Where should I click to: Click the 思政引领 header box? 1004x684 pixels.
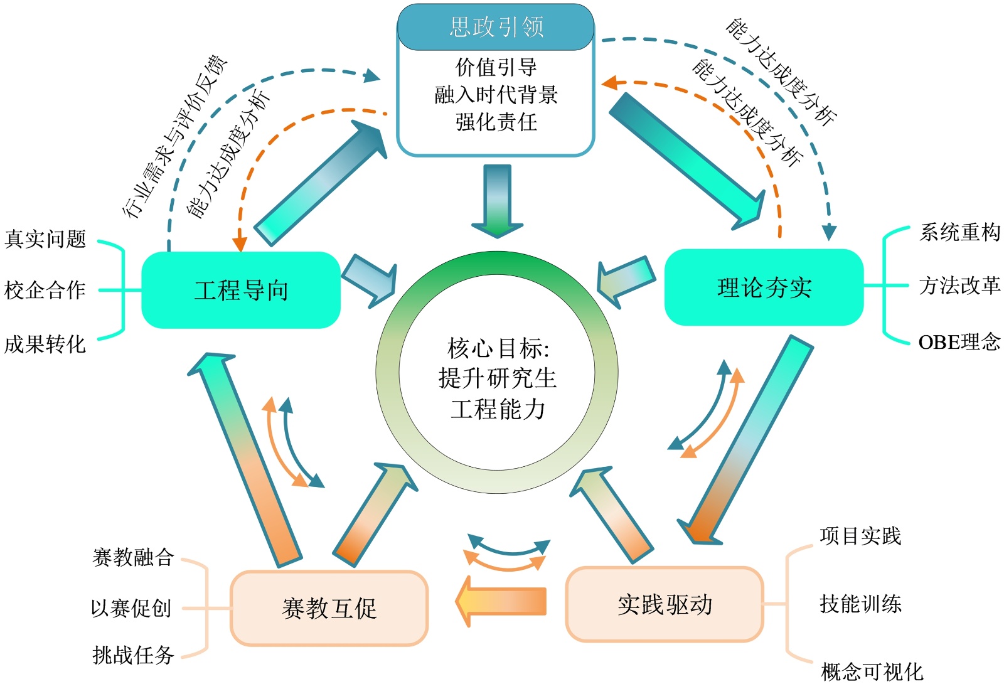(496, 27)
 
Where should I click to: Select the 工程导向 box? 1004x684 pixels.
(241, 290)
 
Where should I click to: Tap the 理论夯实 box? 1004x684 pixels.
(764, 287)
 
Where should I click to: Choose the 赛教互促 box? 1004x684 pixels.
(329, 607)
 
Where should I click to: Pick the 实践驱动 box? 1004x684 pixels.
(665, 604)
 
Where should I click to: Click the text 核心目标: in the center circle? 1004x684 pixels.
(498, 347)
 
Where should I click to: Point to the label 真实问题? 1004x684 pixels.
(45, 239)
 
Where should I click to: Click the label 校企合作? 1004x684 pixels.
(45, 290)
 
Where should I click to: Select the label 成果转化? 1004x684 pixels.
(45, 344)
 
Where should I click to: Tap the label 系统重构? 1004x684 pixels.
(959, 232)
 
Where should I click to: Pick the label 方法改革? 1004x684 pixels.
(959, 286)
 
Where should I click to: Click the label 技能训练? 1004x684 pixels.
(860, 604)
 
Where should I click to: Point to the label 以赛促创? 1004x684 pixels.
(131, 607)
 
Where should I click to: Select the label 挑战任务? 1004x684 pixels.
(133, 655)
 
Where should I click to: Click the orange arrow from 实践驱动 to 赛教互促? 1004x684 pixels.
(502, 601)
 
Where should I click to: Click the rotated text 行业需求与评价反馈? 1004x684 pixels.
(176, 137)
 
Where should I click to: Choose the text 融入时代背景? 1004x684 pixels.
(496, 95)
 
